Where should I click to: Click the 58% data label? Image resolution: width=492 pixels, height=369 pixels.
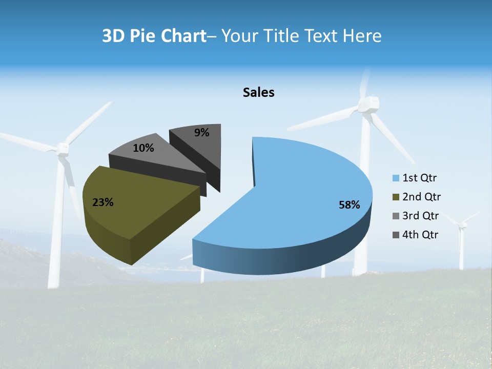tap(349, 205)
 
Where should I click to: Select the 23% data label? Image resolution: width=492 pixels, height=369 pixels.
tap(102, 202)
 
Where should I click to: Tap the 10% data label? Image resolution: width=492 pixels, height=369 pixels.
tap(143, 148)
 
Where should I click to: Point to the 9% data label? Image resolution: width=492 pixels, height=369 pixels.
tap(202, 133)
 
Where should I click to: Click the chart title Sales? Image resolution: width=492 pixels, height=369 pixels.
tap(258, 92)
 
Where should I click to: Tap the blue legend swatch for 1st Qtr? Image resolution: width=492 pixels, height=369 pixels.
tap(396, 178)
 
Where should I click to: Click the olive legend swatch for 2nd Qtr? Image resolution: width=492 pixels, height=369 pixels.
tap(396, 197)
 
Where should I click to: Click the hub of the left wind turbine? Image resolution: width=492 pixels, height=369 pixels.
tap(63, 149)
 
